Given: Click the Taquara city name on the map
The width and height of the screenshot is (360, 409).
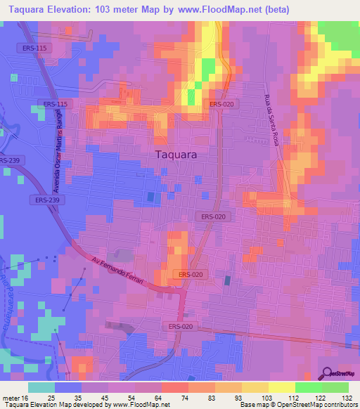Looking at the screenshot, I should (175, 155).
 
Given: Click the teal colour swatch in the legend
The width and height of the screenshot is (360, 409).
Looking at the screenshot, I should (41, 387).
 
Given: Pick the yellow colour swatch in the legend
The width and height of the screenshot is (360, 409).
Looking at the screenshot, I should (281, 387).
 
